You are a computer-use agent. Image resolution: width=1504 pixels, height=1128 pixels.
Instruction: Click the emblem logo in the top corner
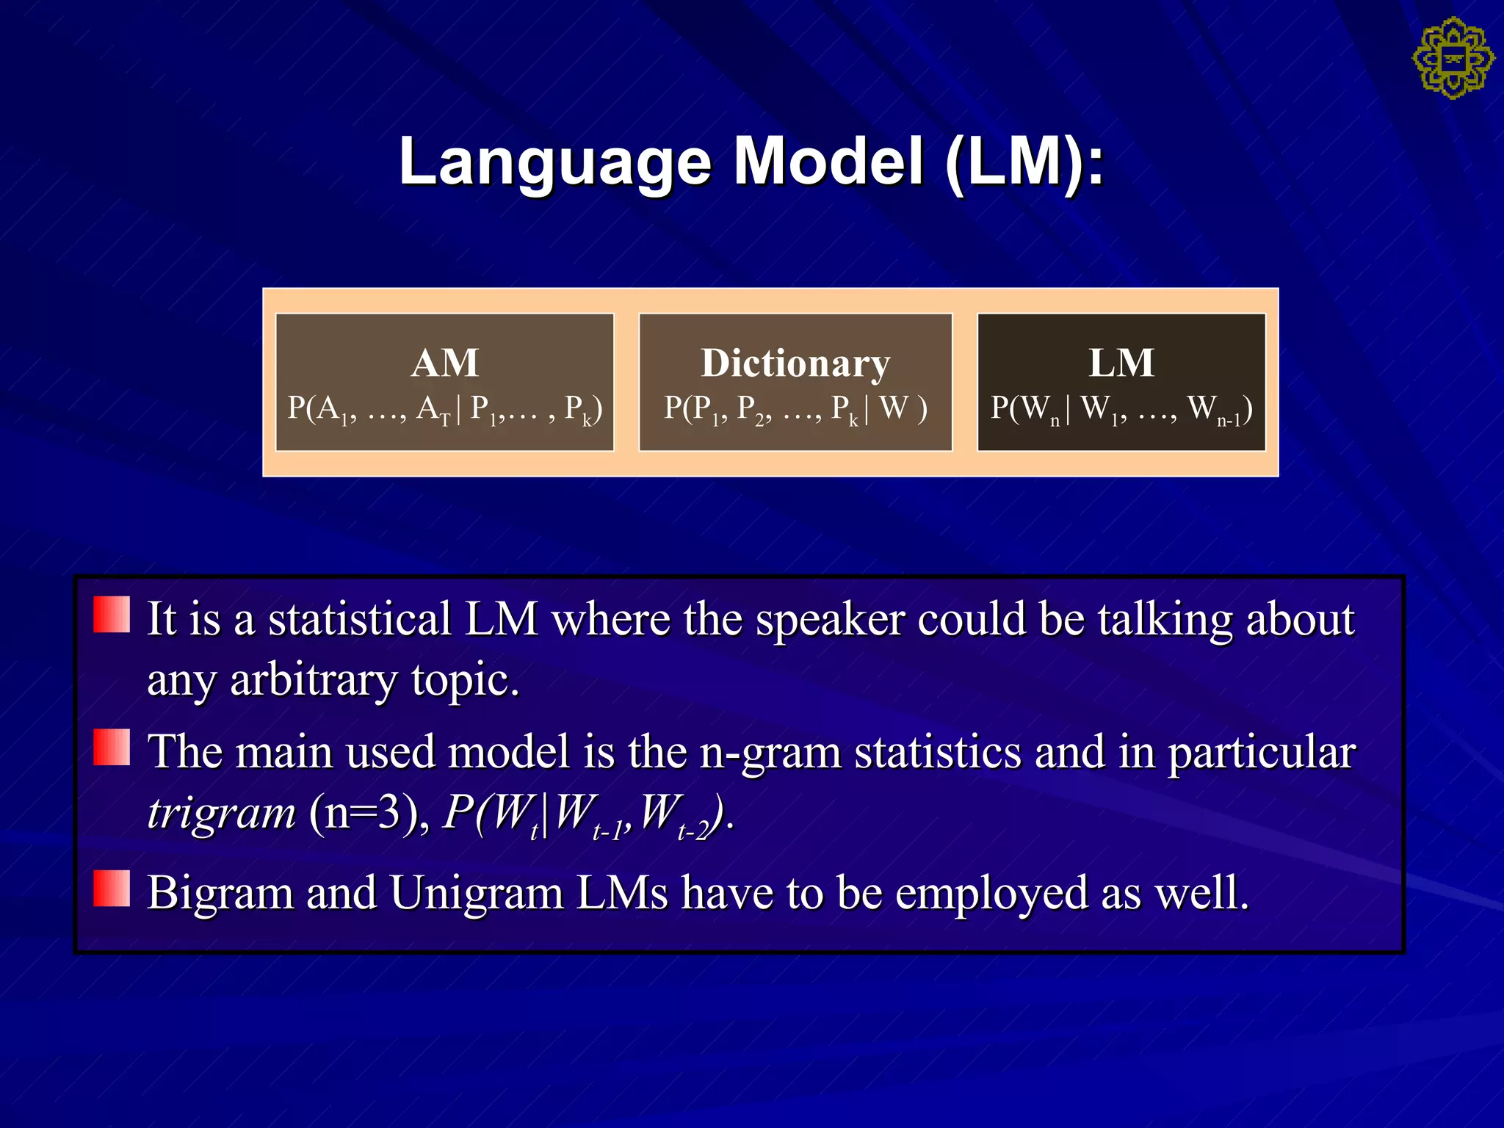(x=1453, y=59)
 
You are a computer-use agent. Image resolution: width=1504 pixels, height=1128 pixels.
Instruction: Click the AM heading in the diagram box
(x=444, y=363)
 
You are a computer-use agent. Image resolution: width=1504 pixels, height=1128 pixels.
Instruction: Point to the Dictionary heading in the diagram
(x=795, y=363)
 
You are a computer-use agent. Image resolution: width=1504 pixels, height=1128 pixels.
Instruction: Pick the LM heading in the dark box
(x=1121, y=363)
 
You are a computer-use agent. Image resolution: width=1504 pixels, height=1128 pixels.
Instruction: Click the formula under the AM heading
(x=444, y=408)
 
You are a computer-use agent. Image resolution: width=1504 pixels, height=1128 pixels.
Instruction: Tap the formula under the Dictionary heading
(x=795, y=408)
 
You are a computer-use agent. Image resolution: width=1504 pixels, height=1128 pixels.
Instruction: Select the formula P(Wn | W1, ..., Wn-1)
(x=1121, y=408)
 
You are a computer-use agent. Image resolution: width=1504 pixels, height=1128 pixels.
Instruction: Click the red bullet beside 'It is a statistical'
(x=112, y=614)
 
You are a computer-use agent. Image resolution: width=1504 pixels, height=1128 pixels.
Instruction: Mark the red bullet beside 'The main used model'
(x=112, y=747)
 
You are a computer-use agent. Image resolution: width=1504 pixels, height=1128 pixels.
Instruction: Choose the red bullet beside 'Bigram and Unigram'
(x=112, y=888)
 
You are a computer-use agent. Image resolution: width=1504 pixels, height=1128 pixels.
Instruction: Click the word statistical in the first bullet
(x=359, y=618)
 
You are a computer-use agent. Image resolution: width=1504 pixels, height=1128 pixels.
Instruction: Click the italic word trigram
(x=221, y=814)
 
